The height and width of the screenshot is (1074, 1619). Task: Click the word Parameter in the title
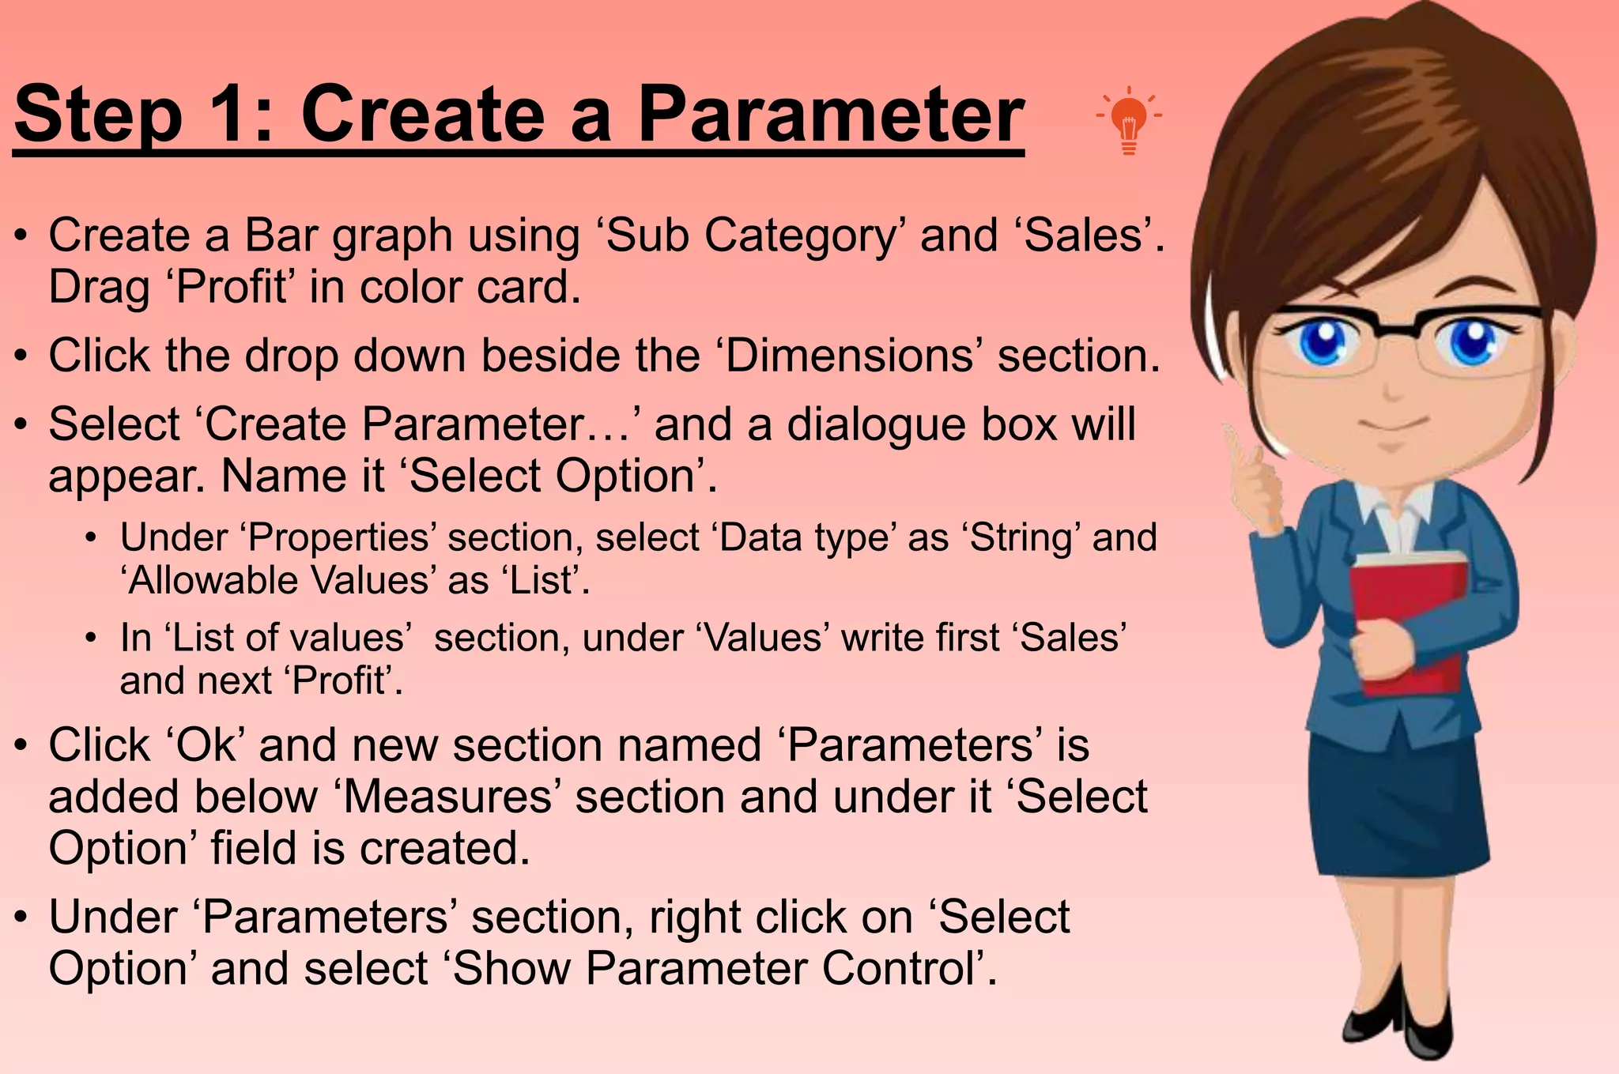click(830, 115)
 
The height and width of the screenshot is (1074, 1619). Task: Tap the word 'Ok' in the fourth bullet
click(206, 745)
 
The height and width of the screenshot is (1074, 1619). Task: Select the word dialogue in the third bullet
click(876, 424)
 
